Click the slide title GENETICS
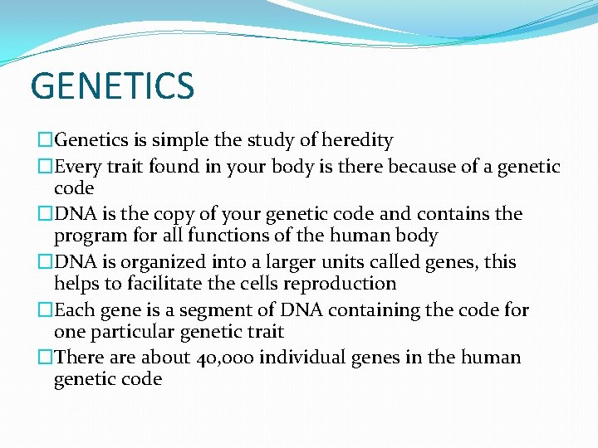112,86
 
